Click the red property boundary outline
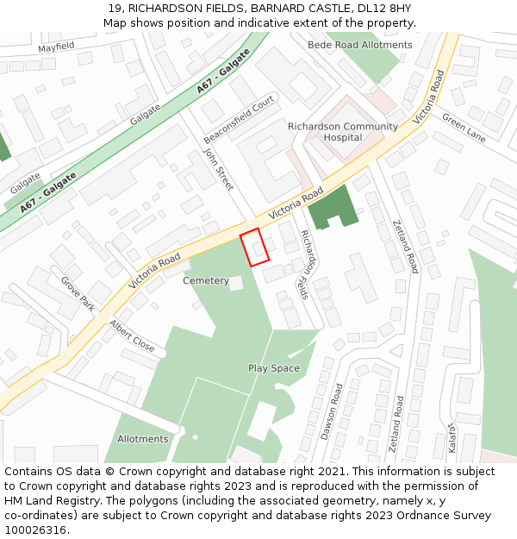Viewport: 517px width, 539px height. click(254, 247)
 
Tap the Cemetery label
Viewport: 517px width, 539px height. click(206, 281)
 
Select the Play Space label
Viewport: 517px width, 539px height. click(274, 368)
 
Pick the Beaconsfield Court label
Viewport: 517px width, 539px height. click(239, 120)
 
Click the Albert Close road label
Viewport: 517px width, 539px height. click(132, 336)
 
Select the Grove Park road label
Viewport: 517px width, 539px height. click(78, 293)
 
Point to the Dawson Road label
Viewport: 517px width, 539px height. click(332, 411)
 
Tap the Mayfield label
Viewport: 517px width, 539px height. click(56, 46)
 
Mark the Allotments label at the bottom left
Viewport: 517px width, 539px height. click(142, 439)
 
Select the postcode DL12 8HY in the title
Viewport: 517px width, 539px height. click(384, 9)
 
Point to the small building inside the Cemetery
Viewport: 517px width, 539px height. click(235, 283)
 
